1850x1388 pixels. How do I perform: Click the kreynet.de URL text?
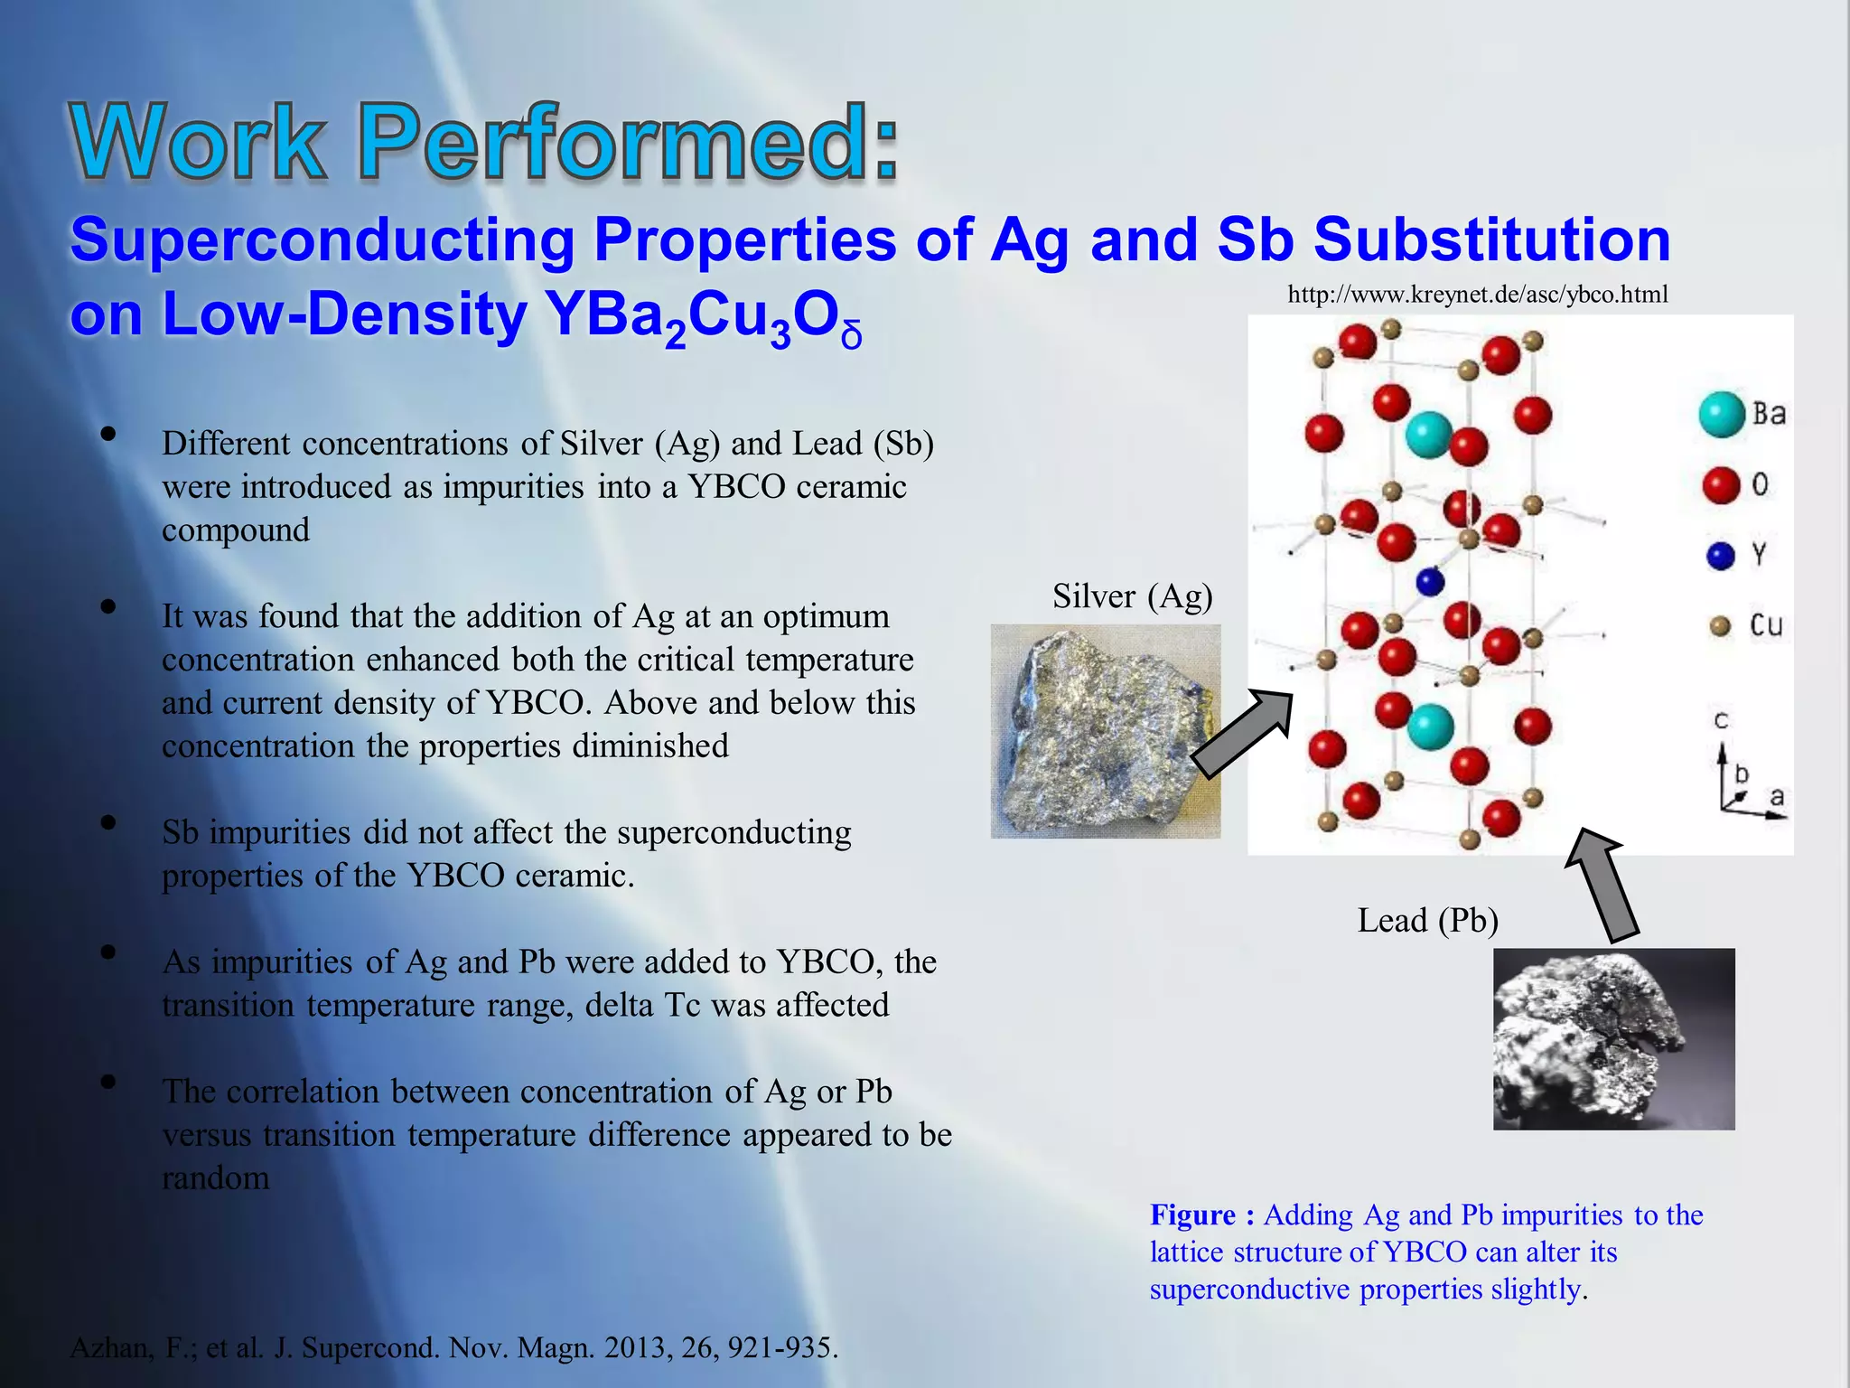pos(1477,295)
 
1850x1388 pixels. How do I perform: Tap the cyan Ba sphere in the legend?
pos(1721,415)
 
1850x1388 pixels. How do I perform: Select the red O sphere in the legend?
pos(1721,485)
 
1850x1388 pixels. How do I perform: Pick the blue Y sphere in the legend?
pos(1721,556)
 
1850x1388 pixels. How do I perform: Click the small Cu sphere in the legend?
pos(1720,626)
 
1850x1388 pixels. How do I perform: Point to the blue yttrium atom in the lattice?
pos(1430,581)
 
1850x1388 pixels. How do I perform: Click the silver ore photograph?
pos(1105,731)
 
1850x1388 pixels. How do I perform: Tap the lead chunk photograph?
pos(1613,1038)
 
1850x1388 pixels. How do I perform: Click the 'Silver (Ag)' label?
pos(1132,596)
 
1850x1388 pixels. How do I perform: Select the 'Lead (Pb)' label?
pos(1427,921)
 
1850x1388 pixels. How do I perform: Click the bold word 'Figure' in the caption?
pos(1192,1215)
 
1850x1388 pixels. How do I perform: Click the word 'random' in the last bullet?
pos(215,1178)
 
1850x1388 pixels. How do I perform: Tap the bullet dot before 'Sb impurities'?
pos(108,822)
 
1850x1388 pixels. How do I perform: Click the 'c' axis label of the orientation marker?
pos(1721,721)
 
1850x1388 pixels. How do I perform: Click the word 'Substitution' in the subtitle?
pos(1490,240)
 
